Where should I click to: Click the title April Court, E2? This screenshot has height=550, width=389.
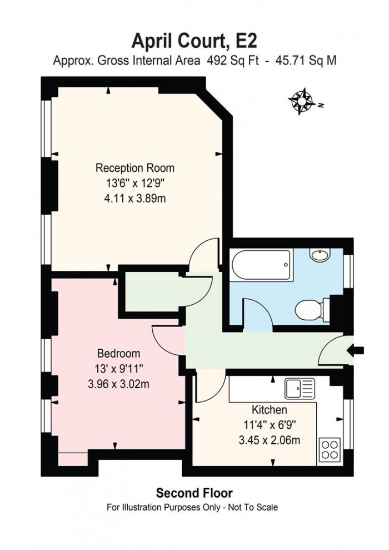click(194, 41)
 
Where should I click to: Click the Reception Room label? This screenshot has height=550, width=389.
click(135, 168)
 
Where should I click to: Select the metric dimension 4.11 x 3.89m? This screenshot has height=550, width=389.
click(135, 198)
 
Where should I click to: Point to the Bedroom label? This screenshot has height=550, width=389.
click(118, 353)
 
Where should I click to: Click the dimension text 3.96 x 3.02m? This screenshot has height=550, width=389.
click(118, 383)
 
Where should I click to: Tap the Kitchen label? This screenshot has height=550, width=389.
click(270, 410)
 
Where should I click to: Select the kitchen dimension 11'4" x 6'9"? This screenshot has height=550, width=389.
click(270, 425)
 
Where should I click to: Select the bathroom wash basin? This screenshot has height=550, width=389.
click(320, 255)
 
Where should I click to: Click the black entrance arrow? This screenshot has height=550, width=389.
click(356, 350)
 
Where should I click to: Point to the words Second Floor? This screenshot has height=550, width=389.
click(194, 493)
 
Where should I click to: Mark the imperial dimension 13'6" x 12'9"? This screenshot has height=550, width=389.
click(135, 183)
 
